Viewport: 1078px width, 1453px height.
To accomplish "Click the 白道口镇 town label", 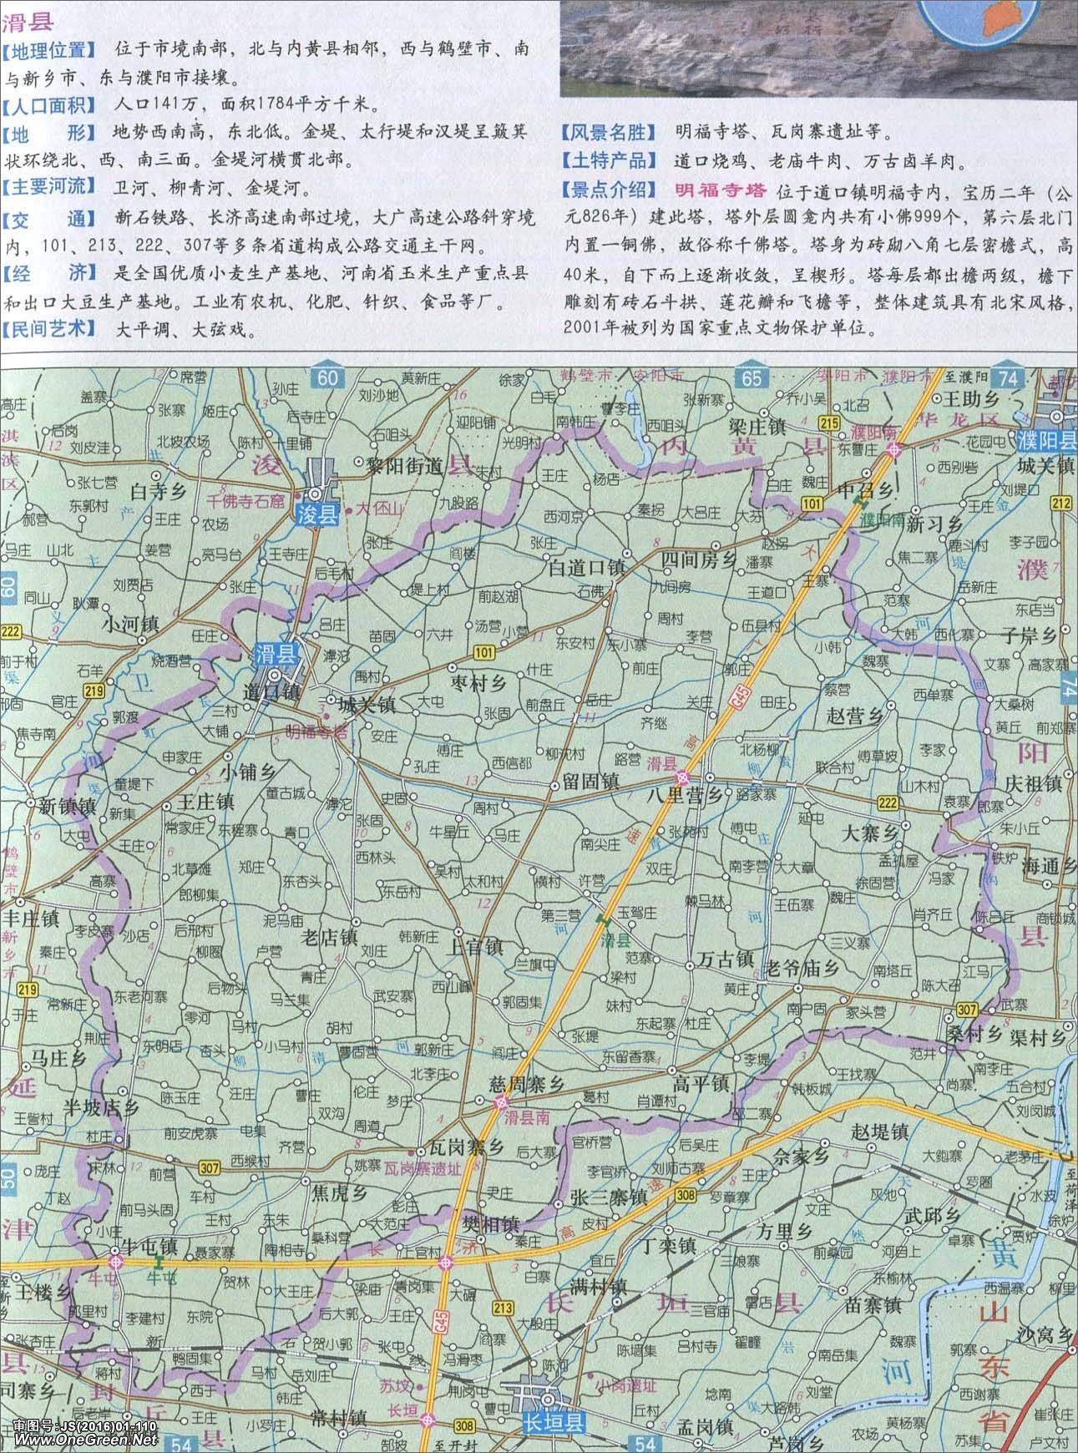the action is coord(586,567).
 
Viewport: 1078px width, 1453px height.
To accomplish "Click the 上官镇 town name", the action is coord(474,947).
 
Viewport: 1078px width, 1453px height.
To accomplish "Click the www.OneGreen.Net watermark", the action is coord(79,1440).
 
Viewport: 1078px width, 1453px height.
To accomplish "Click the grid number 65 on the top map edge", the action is coord(752,378).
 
